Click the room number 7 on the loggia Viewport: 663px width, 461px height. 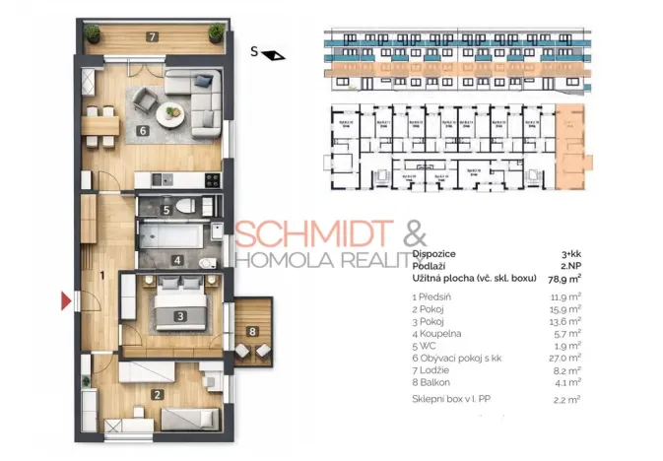151,37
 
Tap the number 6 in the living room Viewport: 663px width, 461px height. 142,129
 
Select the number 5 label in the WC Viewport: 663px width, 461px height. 166,210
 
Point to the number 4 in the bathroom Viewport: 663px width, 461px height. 176,261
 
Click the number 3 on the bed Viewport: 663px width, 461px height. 179,316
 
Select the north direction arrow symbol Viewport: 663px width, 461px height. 277,55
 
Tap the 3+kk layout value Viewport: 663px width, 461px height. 568,253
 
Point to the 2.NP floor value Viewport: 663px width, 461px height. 568,266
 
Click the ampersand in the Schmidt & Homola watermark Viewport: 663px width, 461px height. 415,235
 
